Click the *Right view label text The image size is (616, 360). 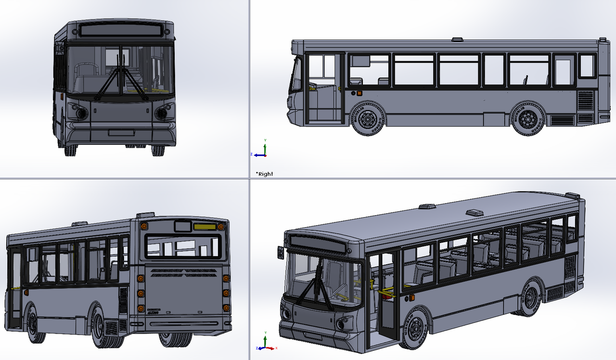coord(264,174)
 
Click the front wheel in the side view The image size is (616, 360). coord(368,117)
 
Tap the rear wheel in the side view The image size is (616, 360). coord(528,117)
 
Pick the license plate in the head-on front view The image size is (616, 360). coord(121,133)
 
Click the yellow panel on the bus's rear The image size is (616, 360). coord(205,226)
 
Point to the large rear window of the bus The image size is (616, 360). coord(183,246)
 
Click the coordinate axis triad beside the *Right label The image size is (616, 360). coord(261,150)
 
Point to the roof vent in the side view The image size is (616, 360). coord(457,39)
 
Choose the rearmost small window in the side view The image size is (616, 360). coord(587,65)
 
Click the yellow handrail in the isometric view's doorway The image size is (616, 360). coord(386,292)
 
